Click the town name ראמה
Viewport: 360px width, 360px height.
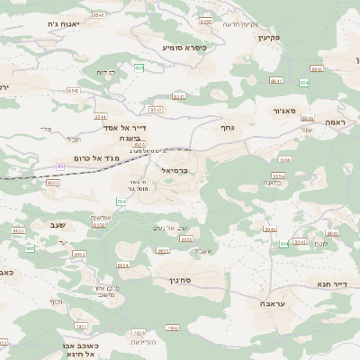point(337,121)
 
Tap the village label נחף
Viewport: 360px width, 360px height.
point(228,128)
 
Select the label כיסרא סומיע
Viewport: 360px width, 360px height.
point(184,47)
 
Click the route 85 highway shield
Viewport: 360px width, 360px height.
point(60,166)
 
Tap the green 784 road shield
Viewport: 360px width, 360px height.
point(121,202)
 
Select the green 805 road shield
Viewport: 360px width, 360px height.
point(30,247)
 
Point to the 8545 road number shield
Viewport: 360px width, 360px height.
point(98,15)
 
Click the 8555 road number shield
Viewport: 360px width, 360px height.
point(206,21)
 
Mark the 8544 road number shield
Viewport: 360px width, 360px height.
point(100,117)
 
